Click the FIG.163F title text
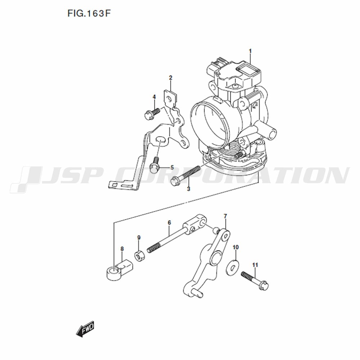coord(89,14)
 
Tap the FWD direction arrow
coord(85,329)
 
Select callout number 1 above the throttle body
coord(250,51)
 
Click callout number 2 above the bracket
coord(171,78)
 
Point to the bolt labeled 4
coord(152,113)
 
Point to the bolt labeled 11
coord(255,280)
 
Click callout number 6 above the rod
coord(170,222)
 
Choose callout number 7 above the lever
coord(225,216)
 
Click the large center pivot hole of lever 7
coord(216,257)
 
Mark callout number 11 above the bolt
coord(255,265)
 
